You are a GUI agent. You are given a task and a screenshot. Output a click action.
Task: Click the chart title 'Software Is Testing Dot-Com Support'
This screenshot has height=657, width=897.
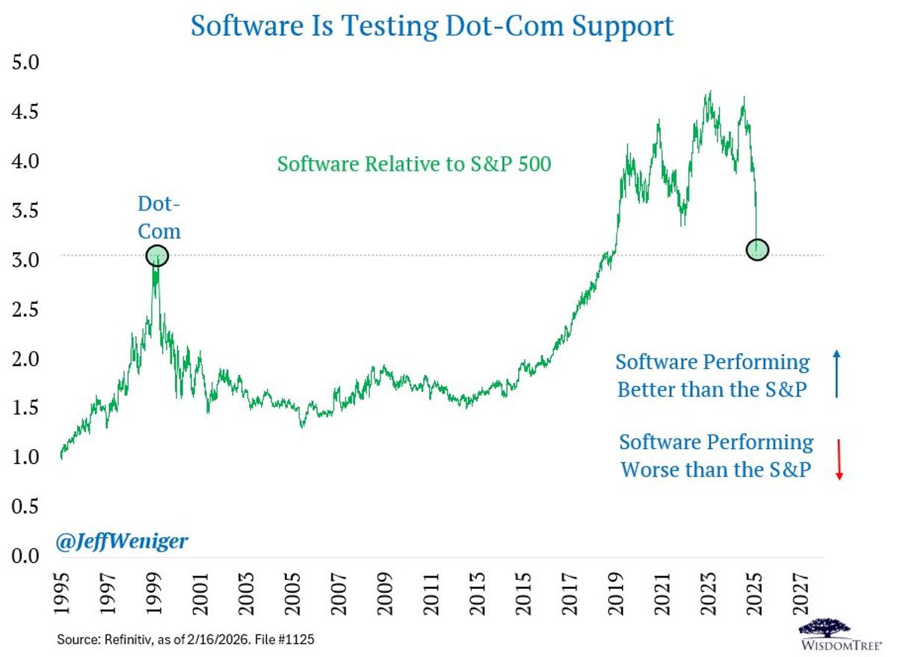click(x=432, y=25)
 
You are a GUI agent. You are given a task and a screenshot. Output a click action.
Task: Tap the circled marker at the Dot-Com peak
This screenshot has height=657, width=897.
click(x=157, y=256)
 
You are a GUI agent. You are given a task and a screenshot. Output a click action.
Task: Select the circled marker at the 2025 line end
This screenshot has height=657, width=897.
click(x=757, y=249)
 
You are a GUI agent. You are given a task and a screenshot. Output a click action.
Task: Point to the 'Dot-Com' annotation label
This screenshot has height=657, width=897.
click(x=158, y=217)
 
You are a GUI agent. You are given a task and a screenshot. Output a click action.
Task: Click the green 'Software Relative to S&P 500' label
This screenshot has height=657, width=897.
click(x=413, y=163)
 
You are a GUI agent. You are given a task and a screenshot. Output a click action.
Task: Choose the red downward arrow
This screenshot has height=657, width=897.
click(x=839, y=459)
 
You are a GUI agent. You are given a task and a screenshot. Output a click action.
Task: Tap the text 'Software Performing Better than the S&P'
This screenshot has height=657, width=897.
click(x=712, y=376)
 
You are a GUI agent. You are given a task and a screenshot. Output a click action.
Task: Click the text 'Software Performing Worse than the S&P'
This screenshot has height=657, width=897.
click(x=715, y=456)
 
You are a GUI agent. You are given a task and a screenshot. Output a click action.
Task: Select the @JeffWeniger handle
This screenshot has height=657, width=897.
click(x=122, y=540)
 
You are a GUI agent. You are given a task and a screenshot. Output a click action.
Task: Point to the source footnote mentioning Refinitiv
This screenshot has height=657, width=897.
click(x=191, y=641)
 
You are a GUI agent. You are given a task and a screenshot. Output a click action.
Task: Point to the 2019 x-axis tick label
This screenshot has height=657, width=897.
click(x=616, y=594)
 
